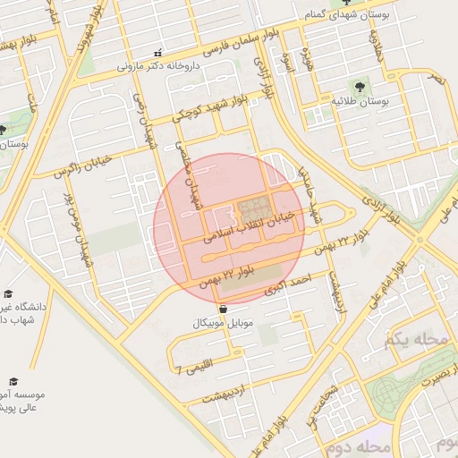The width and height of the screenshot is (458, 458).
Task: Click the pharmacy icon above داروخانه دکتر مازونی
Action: (x=158, y=53)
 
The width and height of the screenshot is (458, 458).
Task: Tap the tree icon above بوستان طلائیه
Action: (x=359, y=87)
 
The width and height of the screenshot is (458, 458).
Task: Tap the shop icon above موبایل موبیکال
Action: (x=222, y=309)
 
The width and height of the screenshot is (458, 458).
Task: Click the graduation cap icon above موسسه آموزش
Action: (x=13, y=380)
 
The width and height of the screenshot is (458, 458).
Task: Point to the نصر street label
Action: (x=437, y=80)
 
